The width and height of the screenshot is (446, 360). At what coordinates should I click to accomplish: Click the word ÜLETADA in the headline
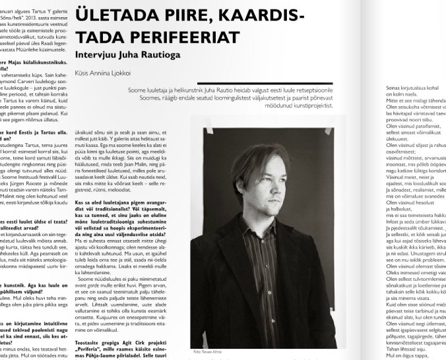pyautogui.click(x=114, y=14)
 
